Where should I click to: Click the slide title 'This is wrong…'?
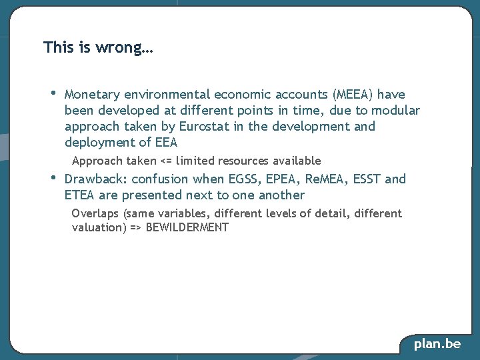pyautogui.click(x=98, y=48)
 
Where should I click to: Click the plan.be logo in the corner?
pyautogui.click(x=437, y=344)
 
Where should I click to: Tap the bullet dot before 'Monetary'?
pyautogui.click(x=53, y=93)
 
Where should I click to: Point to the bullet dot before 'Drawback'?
pyautogui.click(x=53, y=177)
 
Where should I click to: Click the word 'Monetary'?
pyautogui.click(x=93, y=95)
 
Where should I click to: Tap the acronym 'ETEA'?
pyautogui.click(x=80, y=195)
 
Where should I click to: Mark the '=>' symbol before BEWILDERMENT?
pyautogui.click(x=133, y=228)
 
